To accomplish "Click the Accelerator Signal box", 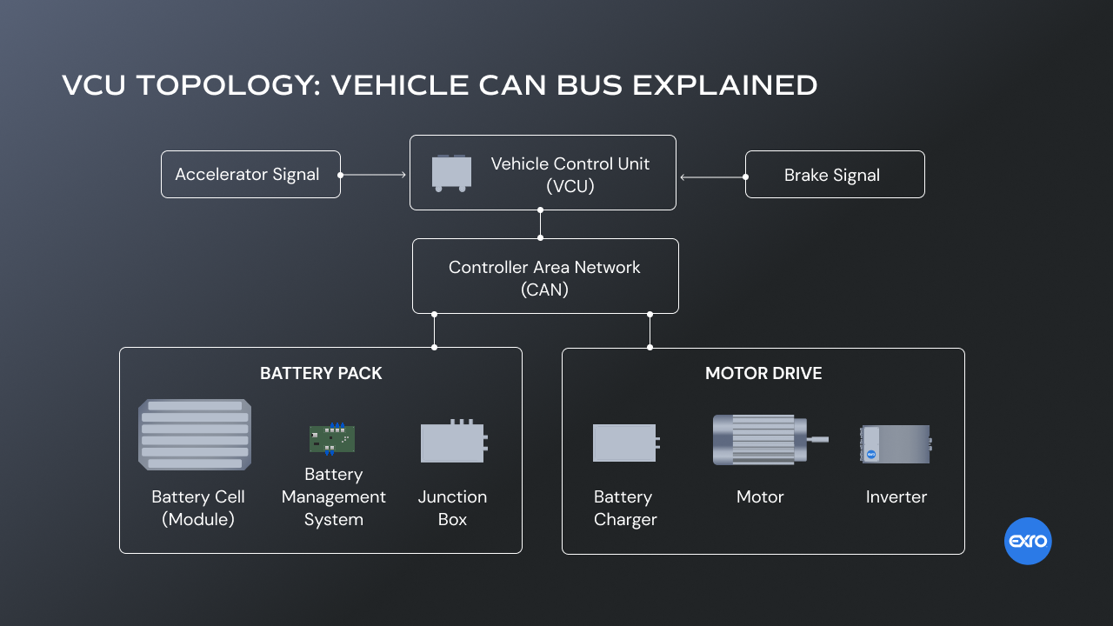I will tap(250, 175).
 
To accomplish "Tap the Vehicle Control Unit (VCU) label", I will tap(570, 175).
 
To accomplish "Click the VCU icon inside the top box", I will tap(452, 173).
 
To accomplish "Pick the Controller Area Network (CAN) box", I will tap(545, 276).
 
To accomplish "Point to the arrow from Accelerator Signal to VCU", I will tap(374, 175).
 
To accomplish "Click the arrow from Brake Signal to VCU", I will tap(713, 177).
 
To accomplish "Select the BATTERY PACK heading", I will tap(321, 374).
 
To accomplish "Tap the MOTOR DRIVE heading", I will tap(763, 374).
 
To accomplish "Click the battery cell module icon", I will tap(195, 435).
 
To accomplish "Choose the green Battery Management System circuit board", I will tap(332, 438).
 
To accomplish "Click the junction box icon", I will tap(453, 442).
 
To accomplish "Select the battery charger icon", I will tap(625, 443).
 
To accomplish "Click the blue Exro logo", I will tap(1028, 542).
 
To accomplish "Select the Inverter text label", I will tap(896, 497).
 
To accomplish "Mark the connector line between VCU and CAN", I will tap(540, 224).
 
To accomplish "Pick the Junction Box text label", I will tap(452, 509).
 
